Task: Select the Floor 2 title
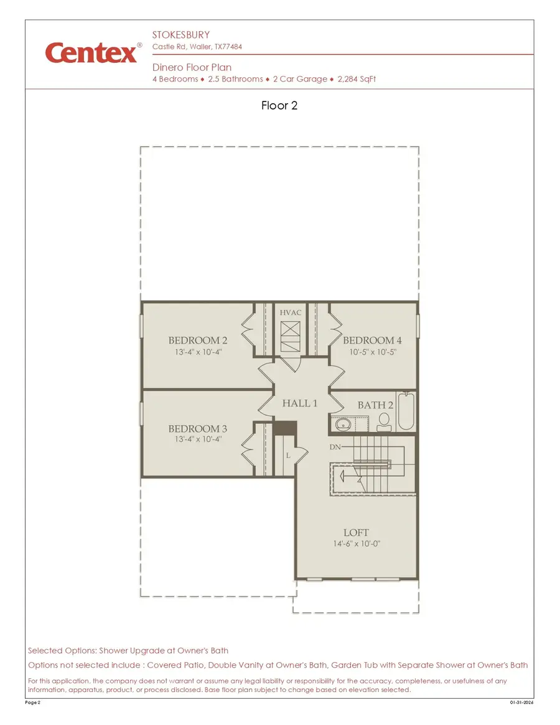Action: pyautogui.click(x=279, y=106)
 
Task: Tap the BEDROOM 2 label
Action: pyautogui.click(x=198, y=340)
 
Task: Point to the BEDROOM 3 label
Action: pyautogui.click(x=198, y=429)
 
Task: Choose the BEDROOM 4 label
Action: pyautogui.click(x=372, y=340)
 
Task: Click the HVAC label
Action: pyautogui.click(x=291, y=312)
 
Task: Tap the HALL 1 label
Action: pyautogui.click(x=300, y=403)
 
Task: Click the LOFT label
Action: pyautogui.click(x=356, y=533)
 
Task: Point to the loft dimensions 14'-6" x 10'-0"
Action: pyautogui.click(x=356, y=544)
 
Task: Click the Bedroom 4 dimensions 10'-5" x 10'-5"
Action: pyautogui.click(x=372, y=352)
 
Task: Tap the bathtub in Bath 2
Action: pyautogui.click(x=405, y=413)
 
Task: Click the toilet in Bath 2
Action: pyautogui.click(x=384, y=421)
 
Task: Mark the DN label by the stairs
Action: pyautogui.click(x=334, y=447)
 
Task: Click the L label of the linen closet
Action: pyautogui.click(x=288, y=456)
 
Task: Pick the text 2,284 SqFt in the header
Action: pyautogui.click(x=357, y=79)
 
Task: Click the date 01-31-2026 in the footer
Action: pyautogui.click(x=521, y=703)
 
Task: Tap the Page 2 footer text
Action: pyautogui.click(x=33, y=703)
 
